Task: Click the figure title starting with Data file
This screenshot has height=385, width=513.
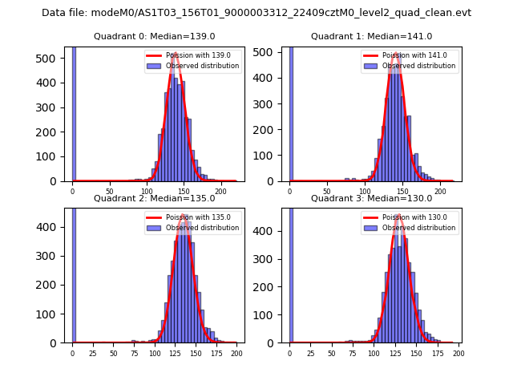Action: (256, 13)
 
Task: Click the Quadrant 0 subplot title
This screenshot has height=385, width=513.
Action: (155, 36)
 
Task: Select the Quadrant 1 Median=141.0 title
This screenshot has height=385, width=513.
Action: (372, 36)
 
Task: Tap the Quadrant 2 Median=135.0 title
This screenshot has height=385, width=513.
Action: (155, 198)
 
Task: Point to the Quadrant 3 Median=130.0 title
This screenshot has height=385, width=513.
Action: (372, 198)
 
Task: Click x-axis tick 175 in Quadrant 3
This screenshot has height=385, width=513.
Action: (437, 353)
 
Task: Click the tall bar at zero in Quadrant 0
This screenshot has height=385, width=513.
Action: (73, 112)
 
